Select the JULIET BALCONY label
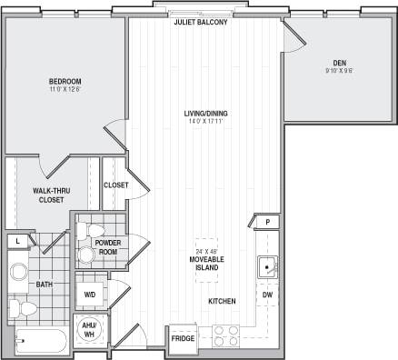201,22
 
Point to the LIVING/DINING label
206,114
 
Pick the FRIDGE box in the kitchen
183,339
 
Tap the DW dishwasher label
267,295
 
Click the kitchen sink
266,267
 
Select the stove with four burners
225,335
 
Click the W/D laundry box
91,295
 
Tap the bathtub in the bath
40,344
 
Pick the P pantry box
268,222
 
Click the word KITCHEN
222,301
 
